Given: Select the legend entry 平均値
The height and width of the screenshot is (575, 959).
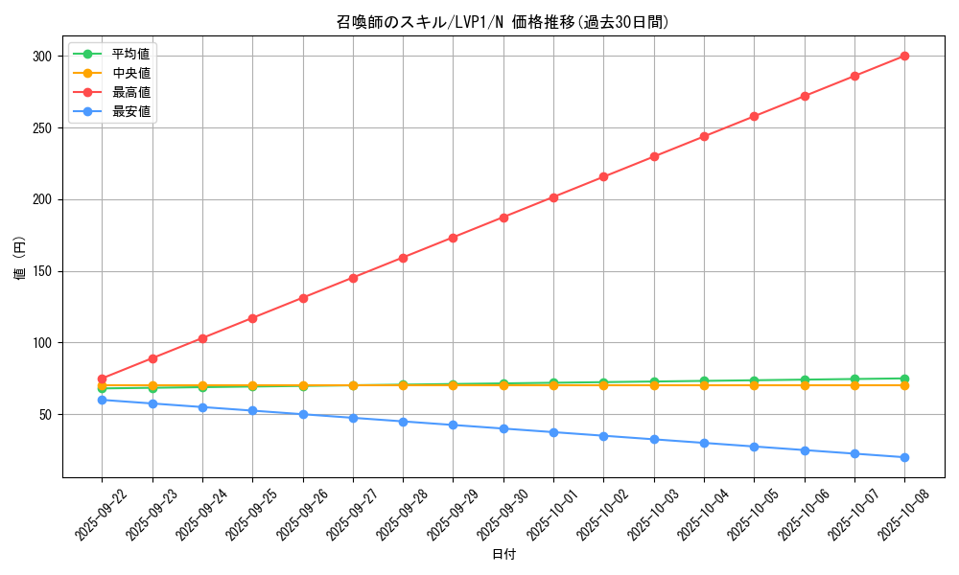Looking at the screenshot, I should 130,54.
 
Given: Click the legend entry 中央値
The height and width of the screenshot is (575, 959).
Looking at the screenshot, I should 130,73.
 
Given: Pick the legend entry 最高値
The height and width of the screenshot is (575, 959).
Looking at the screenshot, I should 130,92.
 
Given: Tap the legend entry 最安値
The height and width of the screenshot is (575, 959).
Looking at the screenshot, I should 130,111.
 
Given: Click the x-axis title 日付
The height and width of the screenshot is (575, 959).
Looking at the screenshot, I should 503,555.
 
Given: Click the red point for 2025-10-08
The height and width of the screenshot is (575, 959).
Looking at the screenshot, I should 904,57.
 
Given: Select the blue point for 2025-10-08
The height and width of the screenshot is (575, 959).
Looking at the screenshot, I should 904,457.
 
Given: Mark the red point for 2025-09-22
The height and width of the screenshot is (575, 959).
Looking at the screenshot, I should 102,379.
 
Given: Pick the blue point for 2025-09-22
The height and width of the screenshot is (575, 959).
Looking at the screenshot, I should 102,400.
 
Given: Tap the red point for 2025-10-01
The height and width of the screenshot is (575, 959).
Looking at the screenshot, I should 553,197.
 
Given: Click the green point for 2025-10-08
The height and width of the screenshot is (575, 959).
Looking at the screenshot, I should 904,379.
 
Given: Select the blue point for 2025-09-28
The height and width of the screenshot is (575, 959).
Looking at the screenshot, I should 403,422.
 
